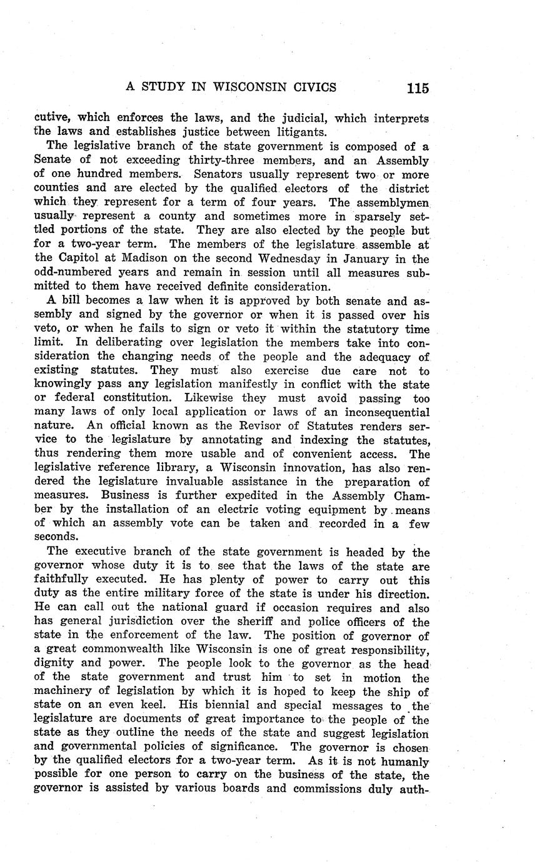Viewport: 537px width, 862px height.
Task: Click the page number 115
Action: pos(417,88)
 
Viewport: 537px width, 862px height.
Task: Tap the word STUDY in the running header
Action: pos(166,87)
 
